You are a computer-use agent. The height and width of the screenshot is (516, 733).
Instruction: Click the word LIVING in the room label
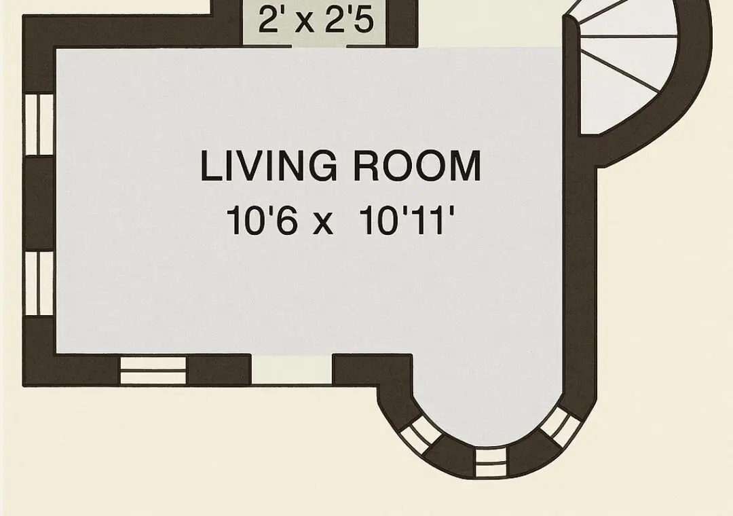coord(268,166)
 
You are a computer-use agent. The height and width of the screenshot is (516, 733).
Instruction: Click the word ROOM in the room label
coord(417,166)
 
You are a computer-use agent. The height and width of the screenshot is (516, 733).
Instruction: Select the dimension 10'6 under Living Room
coord(262,221)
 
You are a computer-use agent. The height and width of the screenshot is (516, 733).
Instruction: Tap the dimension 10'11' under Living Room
coord(407,220)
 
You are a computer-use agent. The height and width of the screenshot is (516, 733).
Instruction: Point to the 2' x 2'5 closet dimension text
coord(316,20)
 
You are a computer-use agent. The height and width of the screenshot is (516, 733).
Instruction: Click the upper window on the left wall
coord(39,124)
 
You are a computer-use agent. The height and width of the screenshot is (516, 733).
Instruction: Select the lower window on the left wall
coord(39,284)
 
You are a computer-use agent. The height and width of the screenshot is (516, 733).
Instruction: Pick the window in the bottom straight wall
coord(153,371)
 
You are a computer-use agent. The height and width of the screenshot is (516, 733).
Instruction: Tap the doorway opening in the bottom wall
coord(292,369)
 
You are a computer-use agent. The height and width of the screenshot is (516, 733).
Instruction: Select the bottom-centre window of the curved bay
coord(491,462)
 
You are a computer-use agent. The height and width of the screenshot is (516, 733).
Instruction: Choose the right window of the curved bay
coord(561,426)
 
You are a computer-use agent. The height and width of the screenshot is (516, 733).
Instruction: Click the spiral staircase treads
coord(626,65)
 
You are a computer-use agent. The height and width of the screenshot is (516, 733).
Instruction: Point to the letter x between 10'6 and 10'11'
coord(323,224)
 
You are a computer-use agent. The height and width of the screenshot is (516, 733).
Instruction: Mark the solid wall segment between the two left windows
coord(39,204)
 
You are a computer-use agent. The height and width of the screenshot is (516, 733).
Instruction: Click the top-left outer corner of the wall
coord(23,16)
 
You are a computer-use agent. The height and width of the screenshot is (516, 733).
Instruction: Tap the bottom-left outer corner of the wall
coord(23,386)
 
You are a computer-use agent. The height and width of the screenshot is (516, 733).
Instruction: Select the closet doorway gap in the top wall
coord(319,46)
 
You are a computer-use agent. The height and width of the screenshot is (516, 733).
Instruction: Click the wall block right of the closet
coord(402,23)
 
